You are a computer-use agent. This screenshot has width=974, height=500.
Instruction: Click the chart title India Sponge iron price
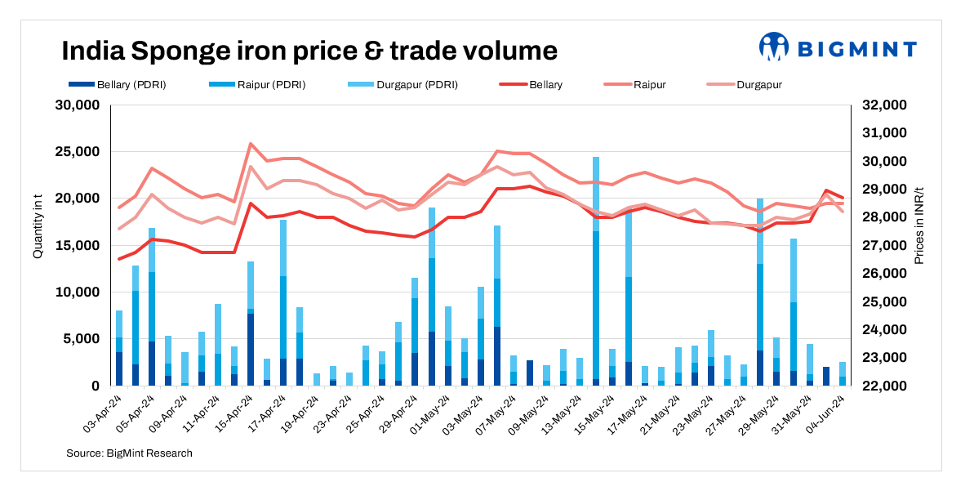tap(309, 51)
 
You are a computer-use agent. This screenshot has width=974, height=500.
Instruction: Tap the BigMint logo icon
tap(773, 47)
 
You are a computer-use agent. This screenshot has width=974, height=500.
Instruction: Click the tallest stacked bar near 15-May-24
tap(596, 270)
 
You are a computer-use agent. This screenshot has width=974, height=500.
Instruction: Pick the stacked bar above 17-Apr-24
tap(283, 302)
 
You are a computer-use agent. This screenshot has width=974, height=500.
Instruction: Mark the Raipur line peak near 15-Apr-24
tap(251, 144)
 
